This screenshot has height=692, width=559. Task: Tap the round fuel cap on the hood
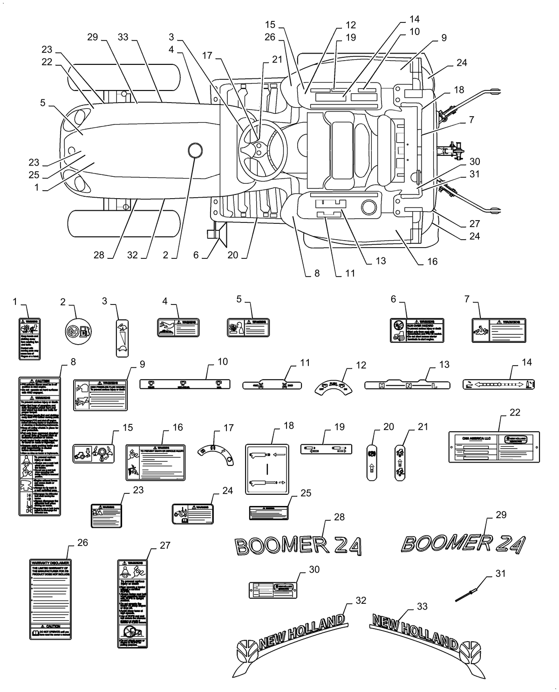coord(195,150)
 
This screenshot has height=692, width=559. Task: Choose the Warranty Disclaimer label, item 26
coord(50,599)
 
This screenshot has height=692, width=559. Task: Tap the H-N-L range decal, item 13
coord(407,385)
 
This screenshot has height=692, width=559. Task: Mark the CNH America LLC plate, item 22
coord(494,447)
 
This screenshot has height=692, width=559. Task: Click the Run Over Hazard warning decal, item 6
coord(417,331)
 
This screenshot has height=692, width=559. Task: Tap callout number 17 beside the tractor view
coord(207,55)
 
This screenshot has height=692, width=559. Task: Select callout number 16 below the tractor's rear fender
coord(432,262)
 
